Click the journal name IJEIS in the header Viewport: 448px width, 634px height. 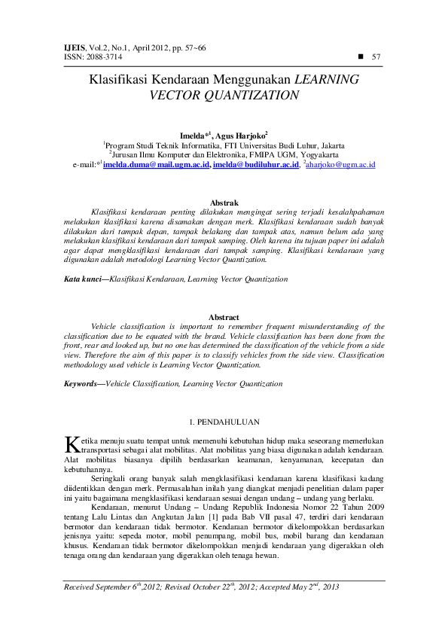(76, 47)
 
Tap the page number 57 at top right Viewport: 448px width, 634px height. (376, 56)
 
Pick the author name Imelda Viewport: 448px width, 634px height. (201, 135)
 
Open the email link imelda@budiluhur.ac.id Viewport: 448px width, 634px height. (255, 164)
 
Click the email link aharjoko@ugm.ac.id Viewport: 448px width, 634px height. (341, 164)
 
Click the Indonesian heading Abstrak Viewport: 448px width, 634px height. (224, 203)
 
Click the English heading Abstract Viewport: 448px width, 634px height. (224, 317)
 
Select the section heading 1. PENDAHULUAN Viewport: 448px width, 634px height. (224, 422)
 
